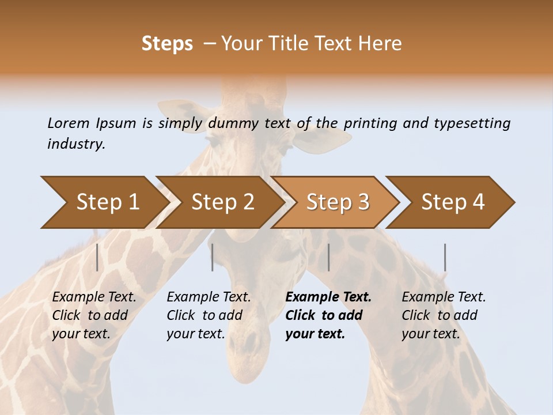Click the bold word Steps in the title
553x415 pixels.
click(167, 44)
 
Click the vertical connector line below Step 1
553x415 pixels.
click(97, 257)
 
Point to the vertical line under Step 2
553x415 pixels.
click(213, 257)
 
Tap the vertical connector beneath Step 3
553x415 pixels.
click(328, 257)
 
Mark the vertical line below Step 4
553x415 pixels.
click(445, 257)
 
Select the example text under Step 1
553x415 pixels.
click(94, 315)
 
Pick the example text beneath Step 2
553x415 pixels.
click(209, 315)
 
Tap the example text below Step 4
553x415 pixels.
click(444, 315)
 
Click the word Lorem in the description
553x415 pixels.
click(69, 123)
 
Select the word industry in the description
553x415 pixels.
click(76, 144)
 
